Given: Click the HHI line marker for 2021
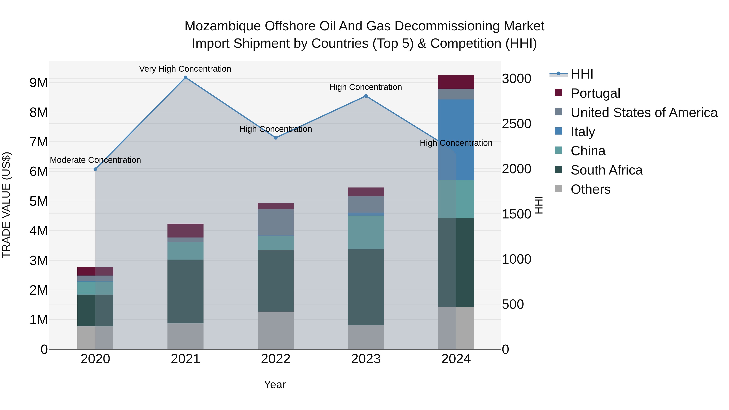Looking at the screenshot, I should point(185,78).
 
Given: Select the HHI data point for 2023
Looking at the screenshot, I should point(366,96).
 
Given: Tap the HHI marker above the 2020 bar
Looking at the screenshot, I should point(95,169).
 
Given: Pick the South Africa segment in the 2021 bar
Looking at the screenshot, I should point(185,291).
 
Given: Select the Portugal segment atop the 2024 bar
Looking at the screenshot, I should point(456,82).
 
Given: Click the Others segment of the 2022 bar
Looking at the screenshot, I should point(276,330).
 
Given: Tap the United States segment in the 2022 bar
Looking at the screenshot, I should point(276,222).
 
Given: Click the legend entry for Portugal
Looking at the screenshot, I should point(595,93).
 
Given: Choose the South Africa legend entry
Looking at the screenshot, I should point(606,170).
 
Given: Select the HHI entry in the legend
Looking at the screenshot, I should point(582,74).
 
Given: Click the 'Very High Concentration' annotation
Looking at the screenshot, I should point(185,69).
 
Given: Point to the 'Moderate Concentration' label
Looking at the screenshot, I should point(95,160).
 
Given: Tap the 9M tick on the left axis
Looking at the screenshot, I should point(38,83).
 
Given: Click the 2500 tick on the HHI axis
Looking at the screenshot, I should point(516,124).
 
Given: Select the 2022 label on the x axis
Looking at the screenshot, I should point(276,359).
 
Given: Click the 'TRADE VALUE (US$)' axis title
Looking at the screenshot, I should point(6,205).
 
